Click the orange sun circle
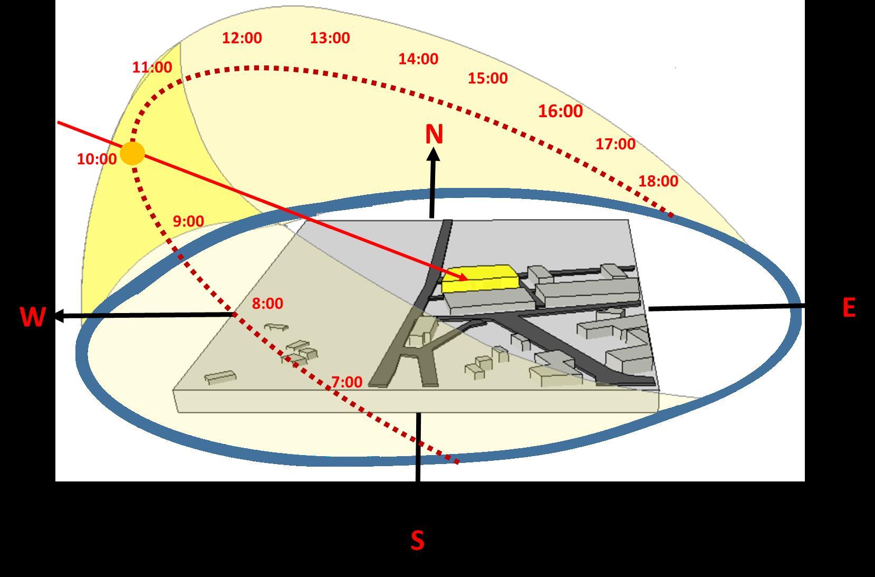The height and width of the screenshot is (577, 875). coord(132,154)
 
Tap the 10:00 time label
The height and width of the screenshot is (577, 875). coord(97,159)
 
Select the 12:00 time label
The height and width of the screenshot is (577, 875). coord(242,38)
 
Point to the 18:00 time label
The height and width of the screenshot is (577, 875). coord(658,181)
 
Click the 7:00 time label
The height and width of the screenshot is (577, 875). coord(347,382)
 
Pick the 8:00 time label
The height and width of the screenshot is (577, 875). coord(267,304)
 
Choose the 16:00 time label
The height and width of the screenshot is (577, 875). coord(560,111)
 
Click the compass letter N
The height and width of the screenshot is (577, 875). coord(434,135)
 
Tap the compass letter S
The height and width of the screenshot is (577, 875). coord(417,541)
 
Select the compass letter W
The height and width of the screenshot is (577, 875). coord(32,317)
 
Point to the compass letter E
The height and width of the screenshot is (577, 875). coord(849,308)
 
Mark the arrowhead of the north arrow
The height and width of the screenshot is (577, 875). coord(433,155)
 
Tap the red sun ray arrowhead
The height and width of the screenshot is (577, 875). coord(463,277)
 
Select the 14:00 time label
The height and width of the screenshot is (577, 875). coord(418,59)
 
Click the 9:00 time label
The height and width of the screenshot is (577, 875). coord(188,221)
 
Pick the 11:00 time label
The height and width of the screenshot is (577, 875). coord(152,68)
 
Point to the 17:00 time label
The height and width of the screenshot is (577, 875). coord(616,144)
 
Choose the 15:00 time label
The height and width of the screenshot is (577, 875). coord(487,78)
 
